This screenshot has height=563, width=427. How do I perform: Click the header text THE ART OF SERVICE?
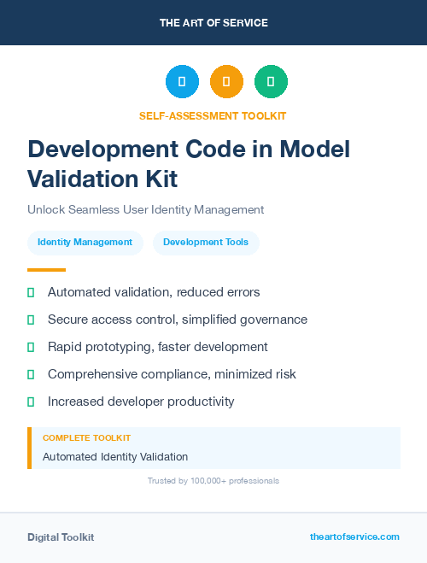point(213,23)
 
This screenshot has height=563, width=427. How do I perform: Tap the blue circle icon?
point(182,82)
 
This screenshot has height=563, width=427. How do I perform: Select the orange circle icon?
point(226,82)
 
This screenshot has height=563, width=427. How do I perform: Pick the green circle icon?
point(271,82)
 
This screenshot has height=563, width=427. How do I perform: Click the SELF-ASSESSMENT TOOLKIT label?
point(213,115)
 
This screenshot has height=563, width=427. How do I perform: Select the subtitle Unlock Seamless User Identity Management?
point(146,209)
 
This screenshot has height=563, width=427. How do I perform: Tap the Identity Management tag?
point(85,243)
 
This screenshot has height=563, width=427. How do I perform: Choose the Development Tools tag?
point(206,243)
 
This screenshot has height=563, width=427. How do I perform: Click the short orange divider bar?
point(46,270)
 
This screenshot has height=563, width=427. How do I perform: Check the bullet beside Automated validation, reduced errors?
point(31,292)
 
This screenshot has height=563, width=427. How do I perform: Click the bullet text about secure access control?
point(177,320)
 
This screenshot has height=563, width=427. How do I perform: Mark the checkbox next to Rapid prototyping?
point(31,347)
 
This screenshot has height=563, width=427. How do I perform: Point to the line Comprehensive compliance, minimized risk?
point(173,374)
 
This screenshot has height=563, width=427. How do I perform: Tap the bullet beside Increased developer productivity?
point(31,402)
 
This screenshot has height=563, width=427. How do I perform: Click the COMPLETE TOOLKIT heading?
point(86,438)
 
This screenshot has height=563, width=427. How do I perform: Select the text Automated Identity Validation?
point(115,457)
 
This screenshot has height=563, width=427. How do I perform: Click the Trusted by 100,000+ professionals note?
point(213,481)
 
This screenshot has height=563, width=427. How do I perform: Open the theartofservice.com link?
point(354,537)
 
